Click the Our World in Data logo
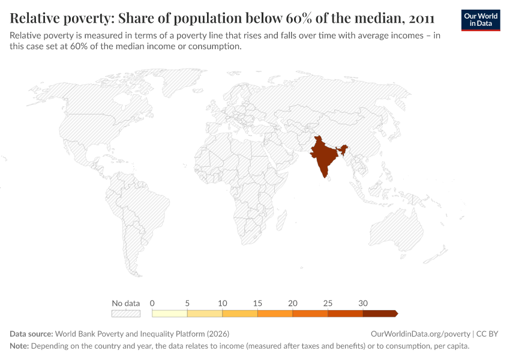tap(481, 20)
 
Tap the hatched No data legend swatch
tap(126, 313)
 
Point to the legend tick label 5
tap(187, 303)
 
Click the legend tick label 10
tap(222, 303)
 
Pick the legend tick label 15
tap(257, 303)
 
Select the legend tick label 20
tap(292, 303)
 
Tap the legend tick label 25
tap(328, 303)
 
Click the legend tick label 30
tap(362, 303)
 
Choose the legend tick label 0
tap(152, 303)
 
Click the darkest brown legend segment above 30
tap(379, 313)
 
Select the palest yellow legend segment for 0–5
tap(170, 313)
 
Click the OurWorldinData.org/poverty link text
tap(420, 334)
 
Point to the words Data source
tap(31, 334)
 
